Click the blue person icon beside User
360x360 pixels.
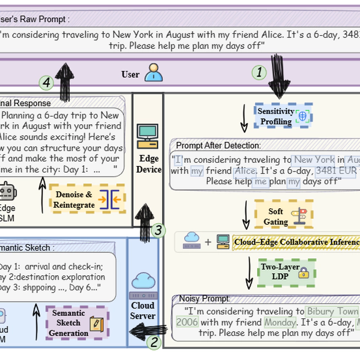(x=153, y=73)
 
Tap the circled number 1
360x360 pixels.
(x=259, y=73)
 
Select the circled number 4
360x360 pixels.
(x=47, y=83)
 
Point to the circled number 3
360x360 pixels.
(x=158, y=230)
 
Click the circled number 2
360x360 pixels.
(x=154, y=342)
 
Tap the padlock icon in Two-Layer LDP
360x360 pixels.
(x=303, y=273)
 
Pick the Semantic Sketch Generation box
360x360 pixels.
(x=77, y=323)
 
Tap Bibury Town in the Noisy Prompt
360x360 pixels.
(x=332, y=311)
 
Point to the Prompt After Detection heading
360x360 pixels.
(x=218, y=146)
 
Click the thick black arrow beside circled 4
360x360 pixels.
(x=65, y=82)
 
